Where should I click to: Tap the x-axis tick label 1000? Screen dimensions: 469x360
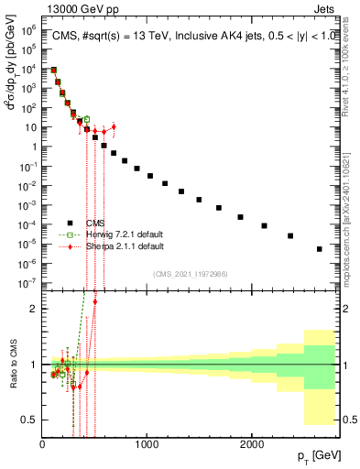[x=147, y=443]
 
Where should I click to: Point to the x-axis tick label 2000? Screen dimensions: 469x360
[x=252, y=443]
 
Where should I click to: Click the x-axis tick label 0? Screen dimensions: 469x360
[x=42, y=443]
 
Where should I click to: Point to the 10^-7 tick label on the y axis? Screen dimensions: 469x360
[x=27, y=283]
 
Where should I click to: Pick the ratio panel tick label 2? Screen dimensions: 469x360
[x=33, y=309]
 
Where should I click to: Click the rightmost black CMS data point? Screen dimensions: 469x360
[x=319, y=248]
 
